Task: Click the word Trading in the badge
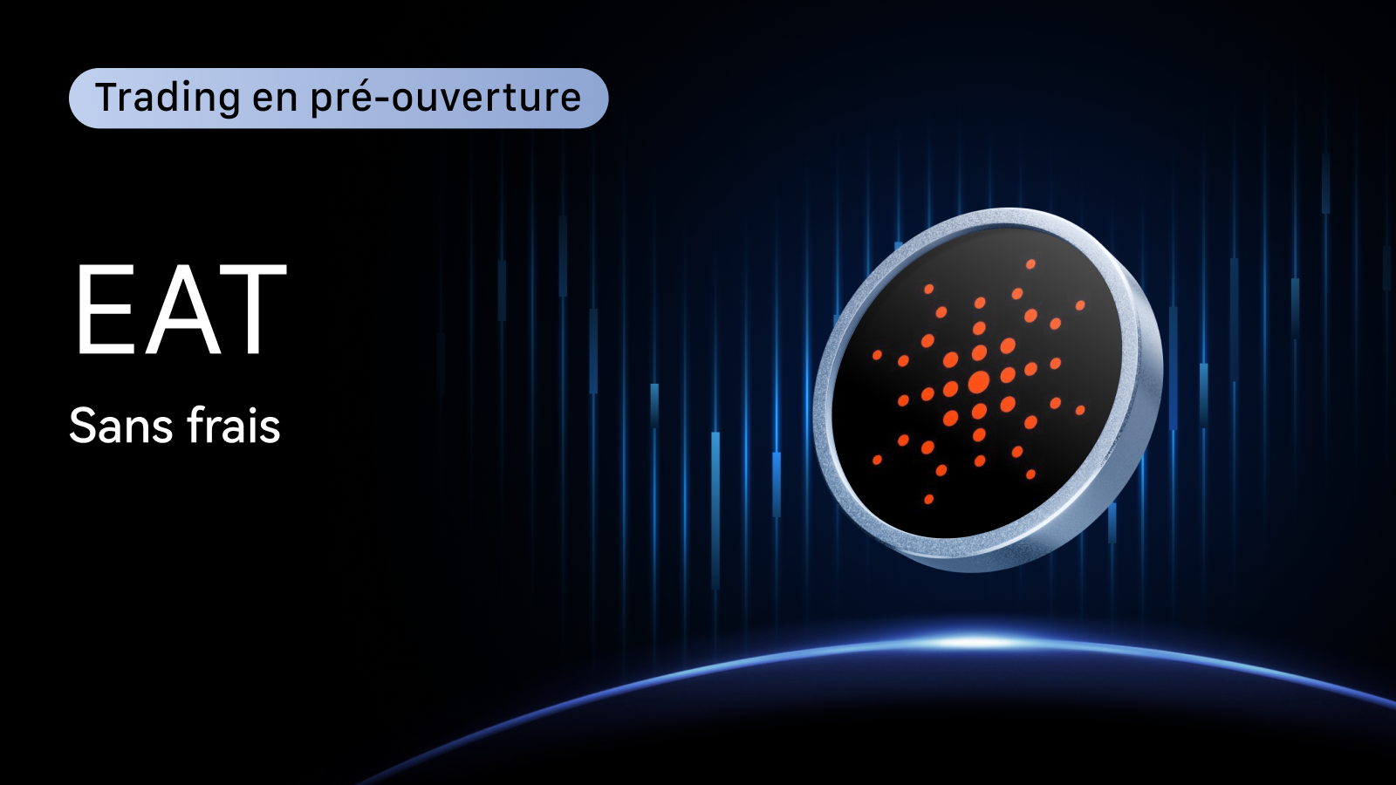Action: click(x=168, y=99)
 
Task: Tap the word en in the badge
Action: click(x=275, y=99)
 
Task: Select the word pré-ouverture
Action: click(x=446, y=99)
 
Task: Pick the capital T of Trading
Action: click(x=108, y=97)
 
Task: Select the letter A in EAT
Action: click(x=182, y=309)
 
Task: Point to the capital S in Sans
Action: click(x=82, y=427)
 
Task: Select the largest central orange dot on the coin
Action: click(x=979, y=381)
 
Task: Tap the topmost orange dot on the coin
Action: click(x=1030, y=264)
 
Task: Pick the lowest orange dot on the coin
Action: click(x=928, y=499)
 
